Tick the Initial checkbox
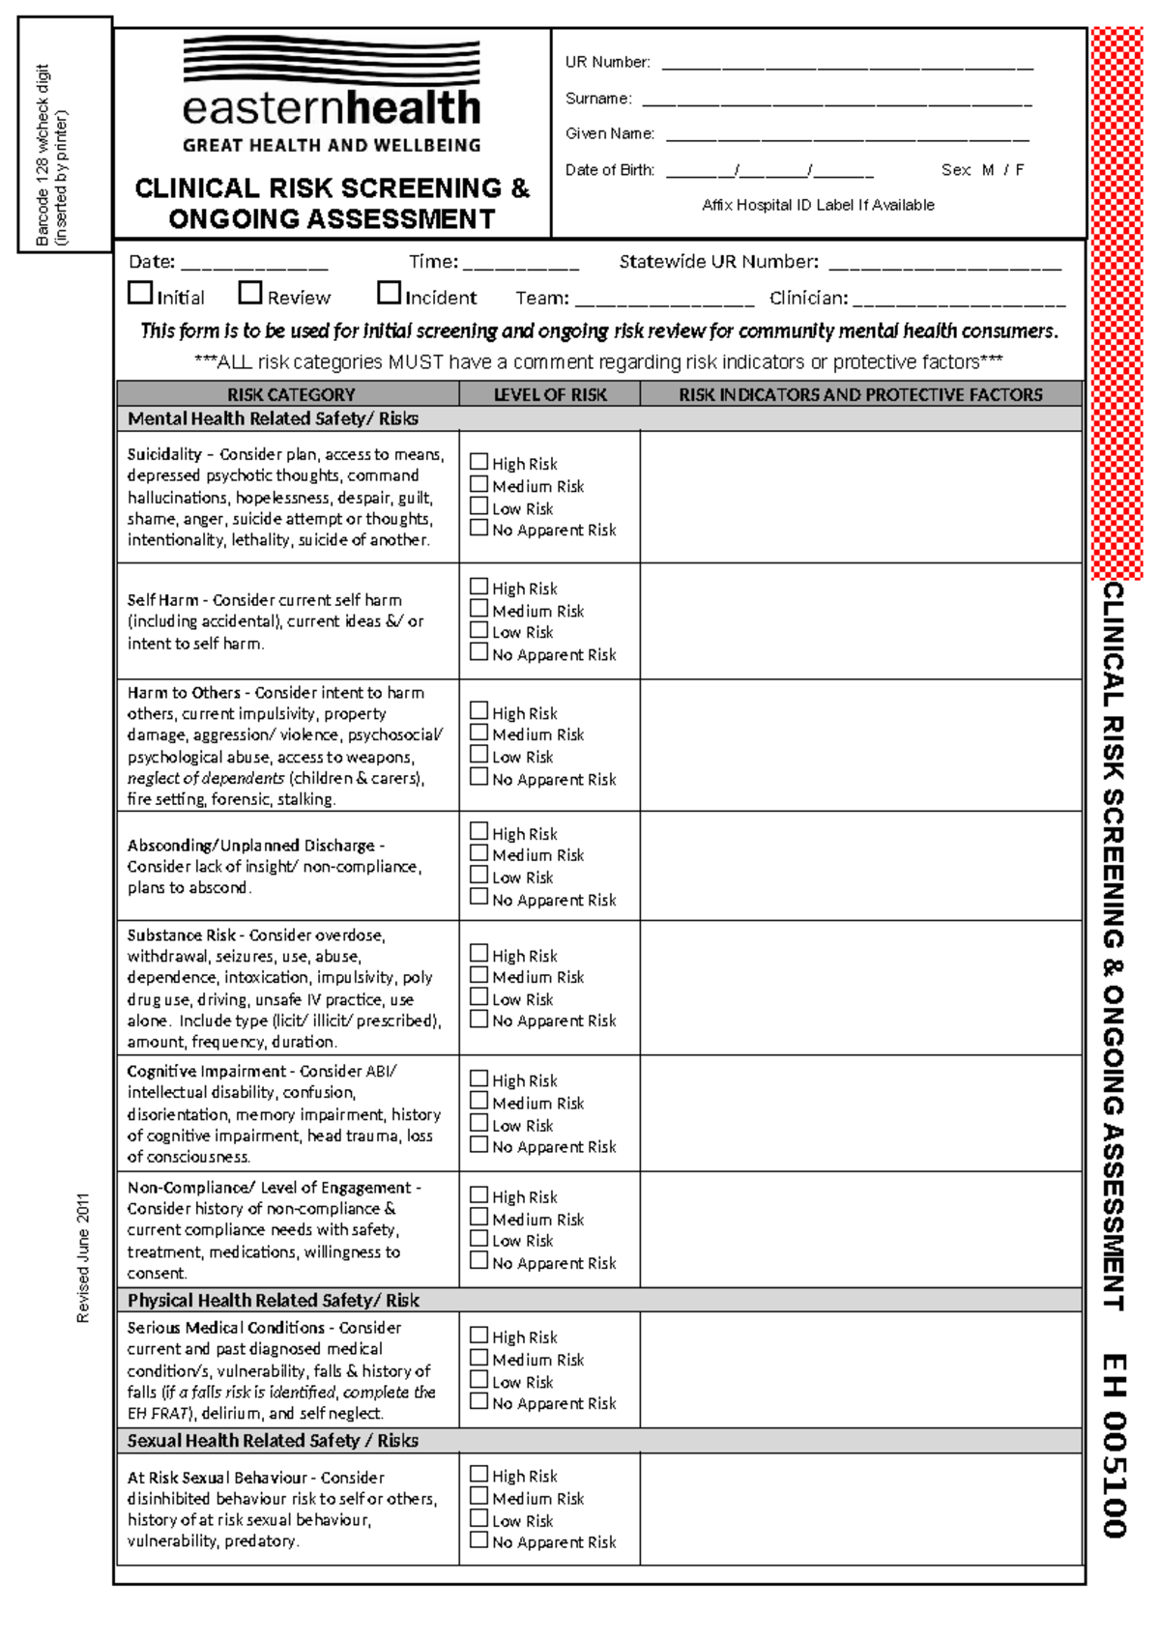[140, 293]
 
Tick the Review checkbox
[250, 293]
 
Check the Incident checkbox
[389, 293]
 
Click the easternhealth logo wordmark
[332, 107]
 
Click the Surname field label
[598, 99]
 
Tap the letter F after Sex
[1020, 170]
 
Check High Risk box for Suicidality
[478, 462]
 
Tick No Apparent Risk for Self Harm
[478, 652]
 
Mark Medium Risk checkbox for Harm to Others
[478, 733]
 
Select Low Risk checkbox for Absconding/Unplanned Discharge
[478, 875]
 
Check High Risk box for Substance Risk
[478, 954]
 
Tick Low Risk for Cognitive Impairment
[478, 1123]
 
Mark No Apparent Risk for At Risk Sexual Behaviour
[478, 1540]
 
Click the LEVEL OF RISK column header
[549, 394]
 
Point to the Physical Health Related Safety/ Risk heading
[274, 1300]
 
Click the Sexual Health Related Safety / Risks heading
[273, 1440]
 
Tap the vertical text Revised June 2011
[83, 1256]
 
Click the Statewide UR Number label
[718, 262]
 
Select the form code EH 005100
[1114, 1446]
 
